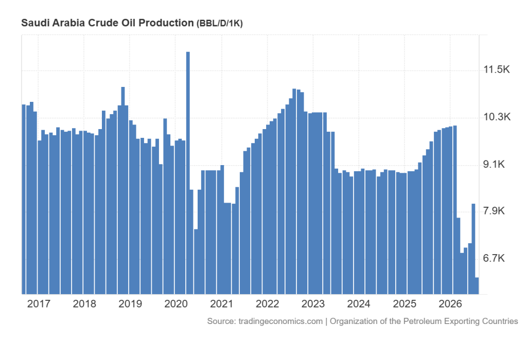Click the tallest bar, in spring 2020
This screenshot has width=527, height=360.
188,173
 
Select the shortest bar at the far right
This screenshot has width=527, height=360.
477,286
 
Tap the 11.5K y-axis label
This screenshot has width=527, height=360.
497,69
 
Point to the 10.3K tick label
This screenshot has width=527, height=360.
497,117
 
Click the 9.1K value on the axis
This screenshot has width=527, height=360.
494,164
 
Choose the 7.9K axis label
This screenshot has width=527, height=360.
494,211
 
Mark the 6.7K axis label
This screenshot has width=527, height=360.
494,258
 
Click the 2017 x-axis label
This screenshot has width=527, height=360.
39,304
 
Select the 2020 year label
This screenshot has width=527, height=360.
176,304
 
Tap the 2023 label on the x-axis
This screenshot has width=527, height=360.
313,304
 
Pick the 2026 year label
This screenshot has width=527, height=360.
450,304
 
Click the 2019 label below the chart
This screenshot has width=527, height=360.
130,304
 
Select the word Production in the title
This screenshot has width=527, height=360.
166,23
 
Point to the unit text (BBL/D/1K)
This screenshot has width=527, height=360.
219,24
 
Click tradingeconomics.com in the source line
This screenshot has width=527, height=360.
280,321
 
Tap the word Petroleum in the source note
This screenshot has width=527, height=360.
423,321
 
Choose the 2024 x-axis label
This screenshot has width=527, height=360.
359,304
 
